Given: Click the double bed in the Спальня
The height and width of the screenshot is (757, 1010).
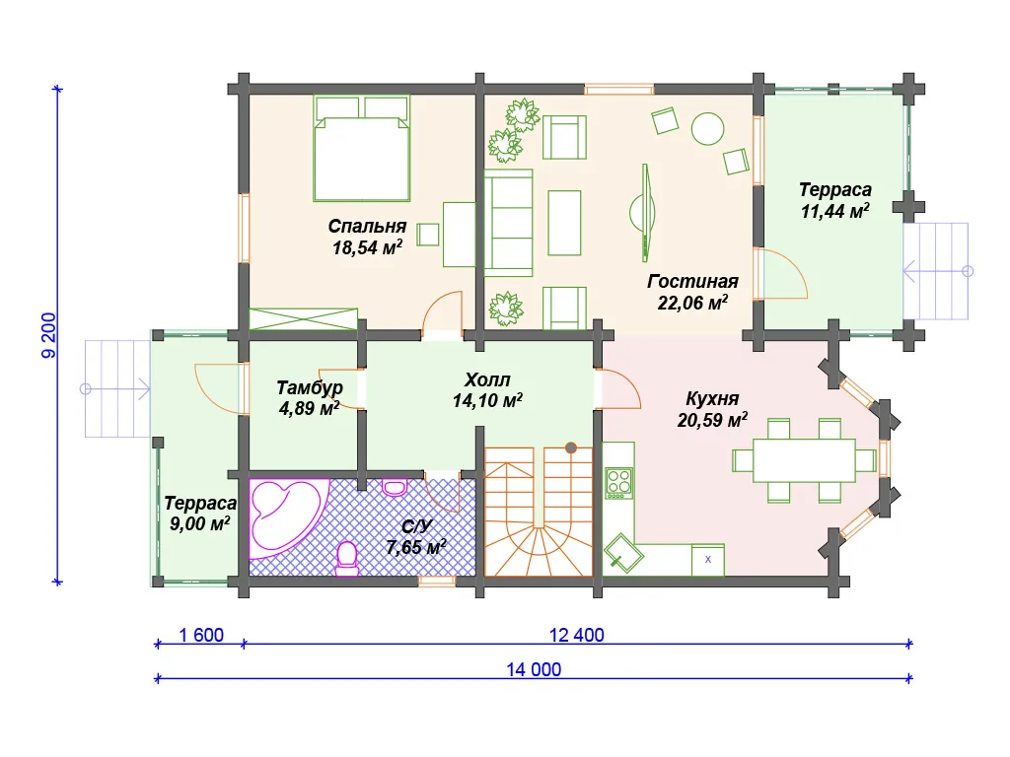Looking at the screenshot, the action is (361, 149).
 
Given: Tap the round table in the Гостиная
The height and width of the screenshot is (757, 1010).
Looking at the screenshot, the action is (707, 128).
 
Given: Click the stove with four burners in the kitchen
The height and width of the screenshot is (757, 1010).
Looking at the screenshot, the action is (619, 483).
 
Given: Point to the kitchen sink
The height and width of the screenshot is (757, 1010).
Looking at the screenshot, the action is (623, 553).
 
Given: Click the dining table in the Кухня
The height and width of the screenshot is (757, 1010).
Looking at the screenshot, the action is (804, 460).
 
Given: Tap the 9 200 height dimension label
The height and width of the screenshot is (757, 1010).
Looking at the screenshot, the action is (49, 335).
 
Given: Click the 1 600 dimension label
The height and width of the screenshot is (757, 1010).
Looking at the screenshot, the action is (201, 635).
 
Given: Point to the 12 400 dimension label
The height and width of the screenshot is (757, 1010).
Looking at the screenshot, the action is (576, 635).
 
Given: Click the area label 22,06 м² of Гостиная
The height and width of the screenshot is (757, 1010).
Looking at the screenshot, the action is (692, 303).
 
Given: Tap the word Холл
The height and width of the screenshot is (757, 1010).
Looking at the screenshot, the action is (487, 379).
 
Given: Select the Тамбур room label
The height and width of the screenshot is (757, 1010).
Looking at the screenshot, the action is (309, 388).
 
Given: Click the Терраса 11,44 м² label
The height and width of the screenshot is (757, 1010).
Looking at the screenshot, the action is (834, 199).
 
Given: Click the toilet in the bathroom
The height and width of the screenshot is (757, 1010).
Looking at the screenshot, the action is (347, 558).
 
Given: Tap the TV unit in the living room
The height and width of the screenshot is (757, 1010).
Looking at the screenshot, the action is (643, 213).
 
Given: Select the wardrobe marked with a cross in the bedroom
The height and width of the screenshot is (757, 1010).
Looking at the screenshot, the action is (304, 319).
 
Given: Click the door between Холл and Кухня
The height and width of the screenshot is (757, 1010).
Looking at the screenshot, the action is (617, 388).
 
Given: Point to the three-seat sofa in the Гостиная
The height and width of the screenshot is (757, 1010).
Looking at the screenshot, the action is (508, 223).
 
